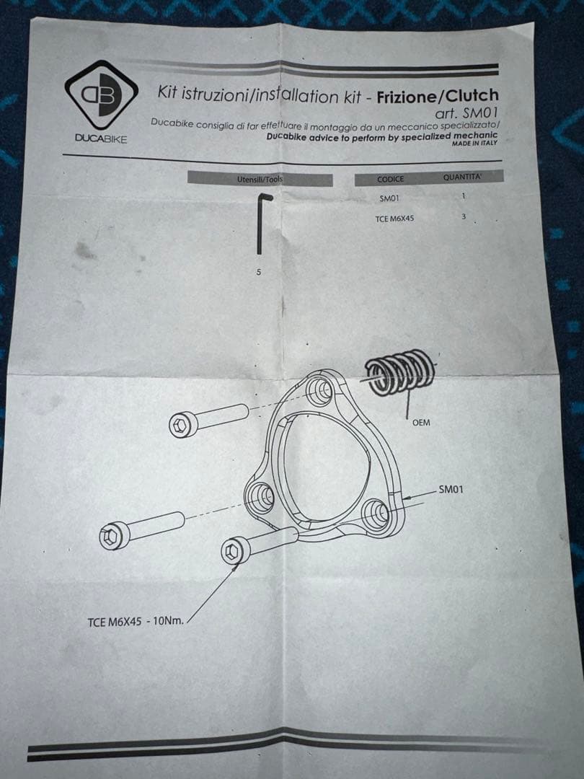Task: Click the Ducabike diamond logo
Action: [101, 94]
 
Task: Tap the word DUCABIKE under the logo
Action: [101, 138]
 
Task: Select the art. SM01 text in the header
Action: [466, 113]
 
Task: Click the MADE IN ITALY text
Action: [474, 144]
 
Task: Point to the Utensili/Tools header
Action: [260, 179]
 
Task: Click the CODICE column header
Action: [390, 179]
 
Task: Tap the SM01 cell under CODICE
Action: [389, 198]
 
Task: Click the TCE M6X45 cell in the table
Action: [394, 218]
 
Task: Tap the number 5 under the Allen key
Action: [258, 273]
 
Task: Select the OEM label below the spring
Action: [421, 423]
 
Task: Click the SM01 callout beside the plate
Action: [451, 490]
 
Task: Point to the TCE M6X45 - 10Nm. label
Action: [136, 622]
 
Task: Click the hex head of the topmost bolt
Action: [180, 426]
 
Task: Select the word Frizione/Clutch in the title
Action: [437, 96]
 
